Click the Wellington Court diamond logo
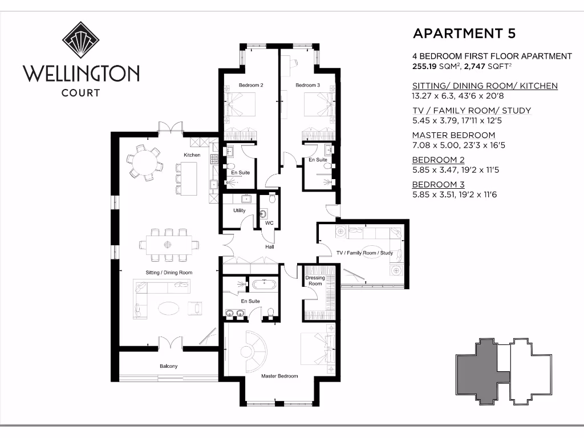81,40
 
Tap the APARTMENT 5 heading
464,33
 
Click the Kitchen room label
192,155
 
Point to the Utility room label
239,210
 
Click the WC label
269,223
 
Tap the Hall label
270,248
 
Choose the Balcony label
168,366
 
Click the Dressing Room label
314,280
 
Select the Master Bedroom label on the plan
279,376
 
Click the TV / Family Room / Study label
364,253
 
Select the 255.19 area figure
426,67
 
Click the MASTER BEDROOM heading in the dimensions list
453,135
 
